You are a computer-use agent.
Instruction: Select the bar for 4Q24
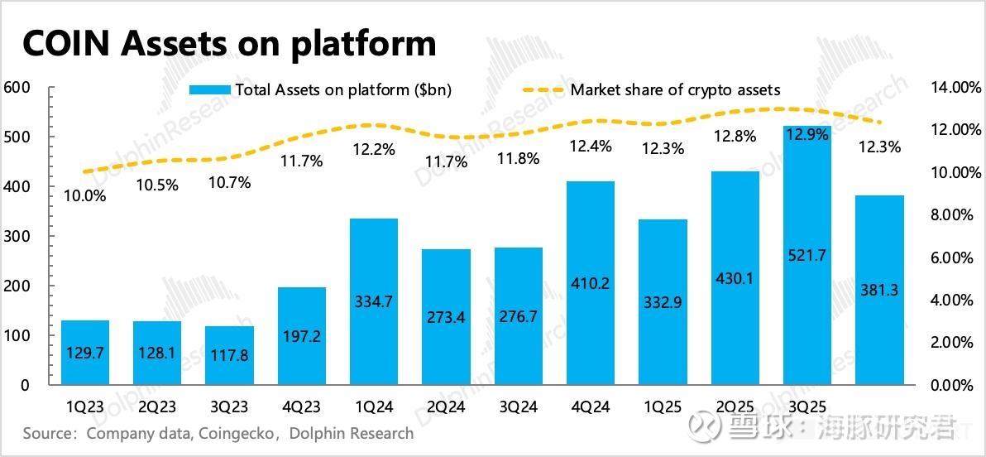tap(591, 282)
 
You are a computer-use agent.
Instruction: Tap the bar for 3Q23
tap(229, 355)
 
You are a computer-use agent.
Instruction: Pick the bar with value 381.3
tap(879, 290)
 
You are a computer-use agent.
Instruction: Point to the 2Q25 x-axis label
tap(735, 407)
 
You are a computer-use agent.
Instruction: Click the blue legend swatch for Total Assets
tap(210, 90)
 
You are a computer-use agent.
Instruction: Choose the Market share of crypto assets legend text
tap(675, 90)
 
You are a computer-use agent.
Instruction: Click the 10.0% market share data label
tap(85, 196)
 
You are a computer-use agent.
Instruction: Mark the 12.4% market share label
tap(591, 147)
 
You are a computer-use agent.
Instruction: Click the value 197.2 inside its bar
tap(302, 338)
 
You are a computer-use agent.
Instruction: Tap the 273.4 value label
tap(447, 317)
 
